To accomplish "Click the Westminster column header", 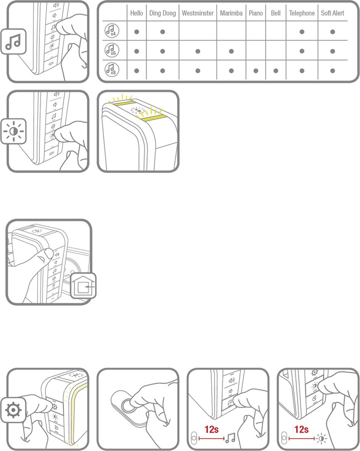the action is (198, 13).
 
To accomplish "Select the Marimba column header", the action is (231, 13).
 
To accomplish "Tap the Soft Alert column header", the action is (332, 13).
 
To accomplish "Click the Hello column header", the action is (136, 13).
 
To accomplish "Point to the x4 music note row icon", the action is (112, 30).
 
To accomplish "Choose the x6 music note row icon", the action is (112, 50).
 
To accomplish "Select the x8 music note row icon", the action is (112, 70).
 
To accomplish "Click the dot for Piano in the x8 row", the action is (256, 71).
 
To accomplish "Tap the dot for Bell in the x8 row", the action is (276, 71).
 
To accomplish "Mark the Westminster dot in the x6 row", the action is (198, 51).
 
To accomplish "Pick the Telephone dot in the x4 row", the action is (302, 32).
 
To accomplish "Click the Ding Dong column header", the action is (162, 14).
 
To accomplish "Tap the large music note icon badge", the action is (14, 41).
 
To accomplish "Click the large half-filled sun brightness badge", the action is (14, 132).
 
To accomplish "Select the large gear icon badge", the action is (13, 410).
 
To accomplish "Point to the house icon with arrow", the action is (83, 286).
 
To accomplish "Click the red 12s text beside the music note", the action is (212, 430).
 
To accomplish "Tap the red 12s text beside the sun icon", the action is (301, 430).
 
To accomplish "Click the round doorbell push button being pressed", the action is (127, 406).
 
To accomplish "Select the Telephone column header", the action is (302, 14).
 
